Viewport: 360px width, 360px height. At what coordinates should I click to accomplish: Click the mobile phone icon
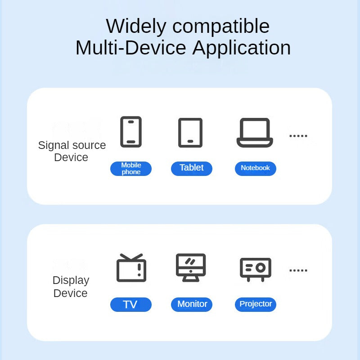[x=131, y=132]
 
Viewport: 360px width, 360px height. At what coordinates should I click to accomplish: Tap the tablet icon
[x=190, y=133]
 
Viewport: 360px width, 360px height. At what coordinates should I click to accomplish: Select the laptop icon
[x=255, y=133]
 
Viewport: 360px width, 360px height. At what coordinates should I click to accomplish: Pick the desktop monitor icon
[x=190, y=268]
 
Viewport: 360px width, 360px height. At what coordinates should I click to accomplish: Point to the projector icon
[x=255, y=269]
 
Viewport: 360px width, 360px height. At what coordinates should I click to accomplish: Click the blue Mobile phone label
[x=131, y=169]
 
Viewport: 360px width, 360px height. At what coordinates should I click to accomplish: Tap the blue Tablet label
[x=191, y=168]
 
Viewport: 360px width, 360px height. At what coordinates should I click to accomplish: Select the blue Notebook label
[x=255, y=168]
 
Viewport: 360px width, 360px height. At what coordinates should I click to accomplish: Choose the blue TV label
[x=130, y=305]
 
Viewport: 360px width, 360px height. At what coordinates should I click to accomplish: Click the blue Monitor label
[x=192, y=304]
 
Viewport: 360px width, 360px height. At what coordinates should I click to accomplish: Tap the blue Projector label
[x=255, y=304]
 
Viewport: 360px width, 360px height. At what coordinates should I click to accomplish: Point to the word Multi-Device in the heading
[x=131, y=48]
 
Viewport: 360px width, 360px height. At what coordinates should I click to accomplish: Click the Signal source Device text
[x=72, y=151]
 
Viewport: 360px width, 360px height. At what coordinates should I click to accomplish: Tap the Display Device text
[x=71, y=287]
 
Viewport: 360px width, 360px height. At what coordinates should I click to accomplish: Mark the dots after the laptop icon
[x=298, y=135]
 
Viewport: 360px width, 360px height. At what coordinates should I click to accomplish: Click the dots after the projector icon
[x=298, y=270]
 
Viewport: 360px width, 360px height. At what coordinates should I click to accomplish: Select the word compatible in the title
[x=221, y=27]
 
